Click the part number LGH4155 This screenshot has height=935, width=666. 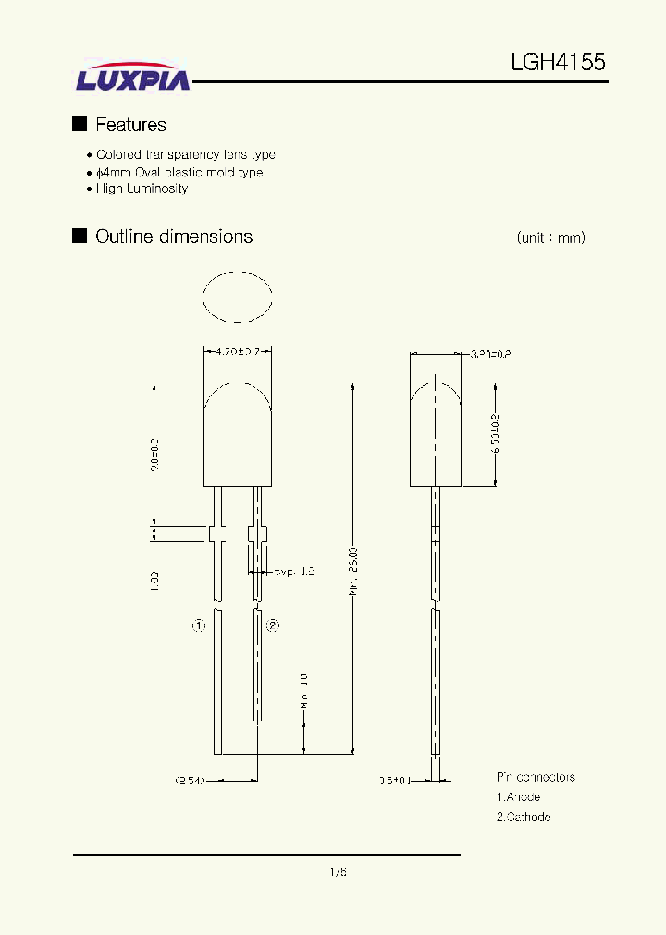click(558, 63)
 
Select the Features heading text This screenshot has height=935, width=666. click(130, 125)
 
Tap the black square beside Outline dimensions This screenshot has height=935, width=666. click(80, 237)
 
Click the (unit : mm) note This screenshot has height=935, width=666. click(550, 237)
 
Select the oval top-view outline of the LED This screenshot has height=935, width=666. click(237, 297)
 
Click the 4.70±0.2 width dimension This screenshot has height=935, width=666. click(238, 352)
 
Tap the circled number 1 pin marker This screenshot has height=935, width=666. click(198, 625)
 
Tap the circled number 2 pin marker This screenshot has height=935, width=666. click(273, 625)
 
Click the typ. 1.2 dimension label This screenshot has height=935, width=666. click(293, 572)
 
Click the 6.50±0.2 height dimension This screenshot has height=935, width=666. click(496, 432)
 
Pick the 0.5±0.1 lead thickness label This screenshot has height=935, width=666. click(394, 780)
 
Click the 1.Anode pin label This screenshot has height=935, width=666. click(518, 796)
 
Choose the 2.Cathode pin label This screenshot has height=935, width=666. click(524, 817)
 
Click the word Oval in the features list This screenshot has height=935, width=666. click(151, 172)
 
